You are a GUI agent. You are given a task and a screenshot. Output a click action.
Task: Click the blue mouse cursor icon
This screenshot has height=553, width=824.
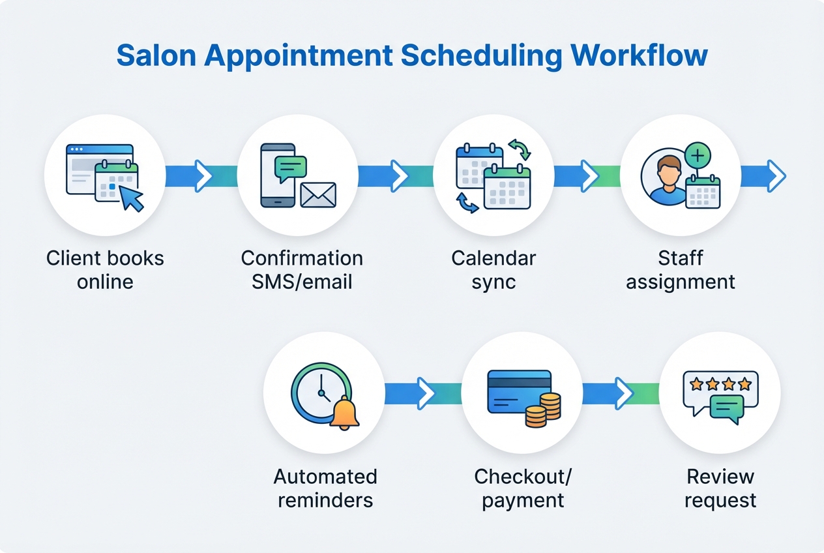pyautogui.click(x=132, y=198)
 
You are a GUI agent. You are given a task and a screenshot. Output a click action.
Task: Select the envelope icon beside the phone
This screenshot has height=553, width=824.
pyautogui.click(x=318, y=195)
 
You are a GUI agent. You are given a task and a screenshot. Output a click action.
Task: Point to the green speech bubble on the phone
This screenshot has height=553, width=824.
pyautogui.click(x=290, y=167)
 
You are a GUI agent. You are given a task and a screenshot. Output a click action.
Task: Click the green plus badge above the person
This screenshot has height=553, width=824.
pyautogui.click(x=698, y=156)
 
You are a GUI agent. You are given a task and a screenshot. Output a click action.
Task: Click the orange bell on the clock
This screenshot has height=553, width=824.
pyautogui.click(x=345, y=413)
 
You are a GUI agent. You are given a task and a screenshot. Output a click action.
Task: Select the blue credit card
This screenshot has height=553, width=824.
pyautogui.click(x=519, y=391)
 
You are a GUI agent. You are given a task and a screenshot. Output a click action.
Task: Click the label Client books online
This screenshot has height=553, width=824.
pyautogui.click(x=105, y=270)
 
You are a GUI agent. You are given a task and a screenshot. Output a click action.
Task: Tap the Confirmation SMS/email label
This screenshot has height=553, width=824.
pyautogui.click(x=302, y=270)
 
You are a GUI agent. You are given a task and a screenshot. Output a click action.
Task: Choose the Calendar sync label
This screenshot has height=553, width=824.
pyautogui.click(x=493, y=270)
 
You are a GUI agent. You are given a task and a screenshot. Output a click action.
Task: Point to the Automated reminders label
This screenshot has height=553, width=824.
pyautogui.click(x=325, y=488)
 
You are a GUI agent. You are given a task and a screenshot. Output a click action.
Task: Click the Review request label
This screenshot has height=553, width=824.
pyautogui.click(x=720, y=488)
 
